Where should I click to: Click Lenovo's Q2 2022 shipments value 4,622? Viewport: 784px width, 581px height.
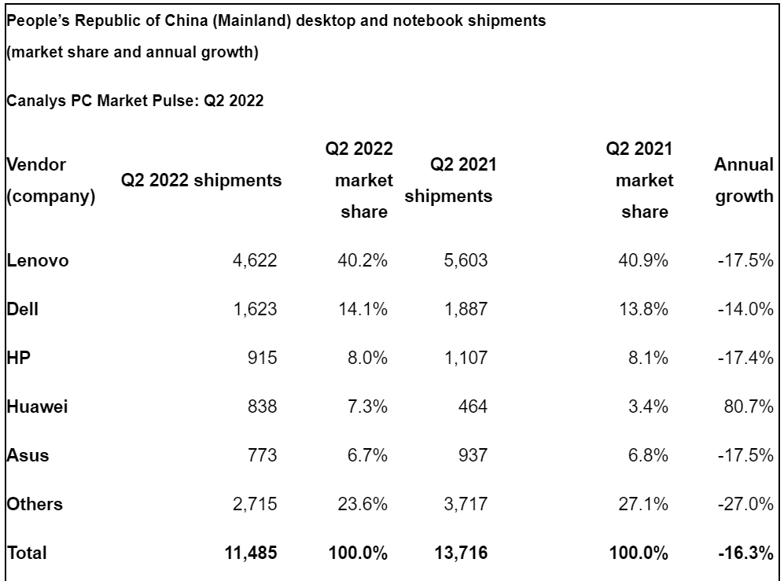pyautogui.click(x=255, y=261)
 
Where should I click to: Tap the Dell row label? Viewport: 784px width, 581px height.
pyautogui.click(x=23, y=310)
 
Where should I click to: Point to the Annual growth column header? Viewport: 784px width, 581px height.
pyautogui.click(x=744, y=181)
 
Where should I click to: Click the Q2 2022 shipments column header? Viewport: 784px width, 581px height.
pyautogui.click(x=201, y=181)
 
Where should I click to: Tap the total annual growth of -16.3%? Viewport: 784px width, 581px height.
pyautogui.click(x=746, y=553)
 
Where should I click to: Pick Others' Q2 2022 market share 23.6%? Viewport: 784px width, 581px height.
pyautogui.click(x=363, y=505)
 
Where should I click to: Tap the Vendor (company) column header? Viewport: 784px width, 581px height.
pyautogui.click(x=50, y=181)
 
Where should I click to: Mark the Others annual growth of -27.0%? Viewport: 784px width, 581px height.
pyautogui.click(x=746, y=505)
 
